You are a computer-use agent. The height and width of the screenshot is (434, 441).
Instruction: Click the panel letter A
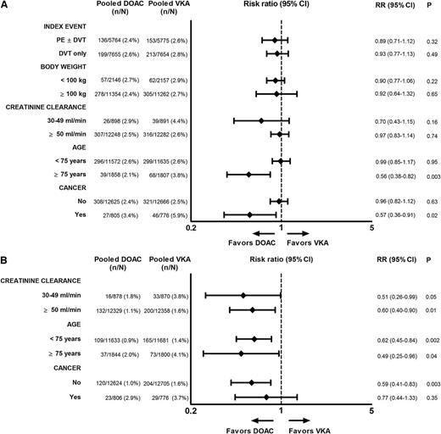tap(6, 7)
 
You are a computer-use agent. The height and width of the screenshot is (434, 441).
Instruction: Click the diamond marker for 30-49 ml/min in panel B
tap(243, 296)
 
